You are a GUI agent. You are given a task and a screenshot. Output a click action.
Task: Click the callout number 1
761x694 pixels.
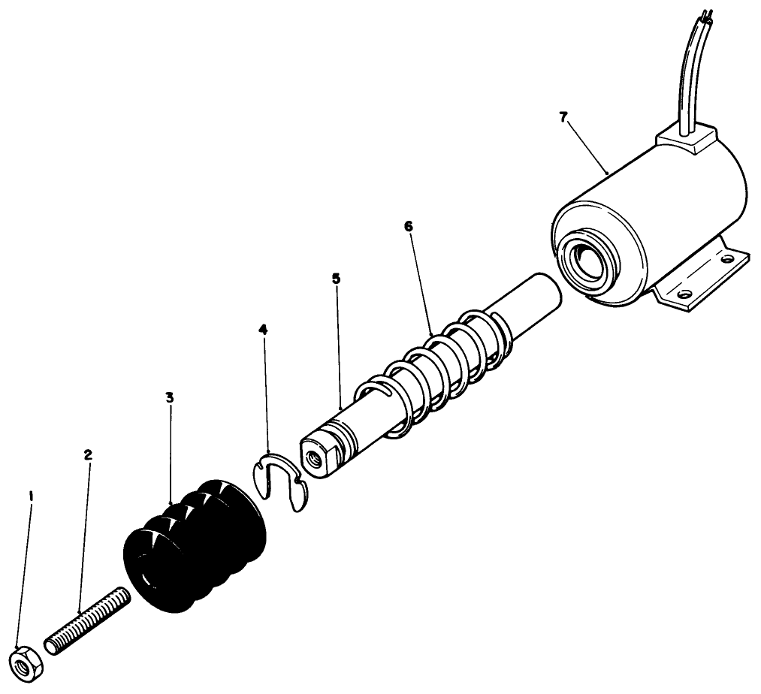click(31, 496)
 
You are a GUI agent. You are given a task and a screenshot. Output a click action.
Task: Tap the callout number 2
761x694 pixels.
click(88, 455)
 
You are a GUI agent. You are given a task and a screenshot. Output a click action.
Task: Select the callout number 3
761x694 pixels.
click(170, 397)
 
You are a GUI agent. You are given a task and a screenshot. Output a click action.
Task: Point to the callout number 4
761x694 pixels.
click(262, 330)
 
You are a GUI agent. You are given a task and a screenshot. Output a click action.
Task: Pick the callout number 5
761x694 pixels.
click(336, 279)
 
